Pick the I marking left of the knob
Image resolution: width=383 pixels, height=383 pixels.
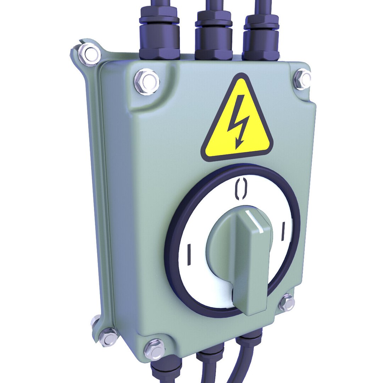pyautogui.click(x=189, y=254)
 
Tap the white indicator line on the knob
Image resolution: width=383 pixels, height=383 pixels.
pyautogui.click(x=255, y=222)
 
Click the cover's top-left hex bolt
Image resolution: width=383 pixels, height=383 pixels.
pyautogui.click(x=147, y=82)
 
